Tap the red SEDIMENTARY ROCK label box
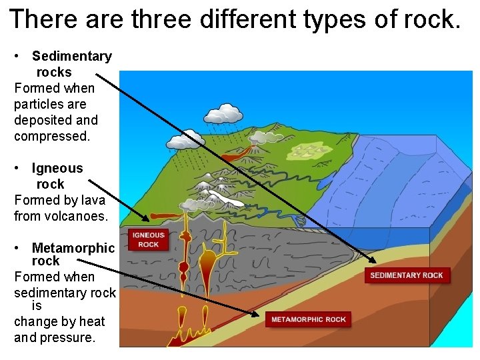point(406,275)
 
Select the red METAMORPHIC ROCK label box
point(308,319)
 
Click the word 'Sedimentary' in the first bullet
point(72,57)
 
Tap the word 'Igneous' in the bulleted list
point(57,169)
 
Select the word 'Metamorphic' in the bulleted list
point(73,249)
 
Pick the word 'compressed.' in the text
point(51,136)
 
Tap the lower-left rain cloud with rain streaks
point(185,141)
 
